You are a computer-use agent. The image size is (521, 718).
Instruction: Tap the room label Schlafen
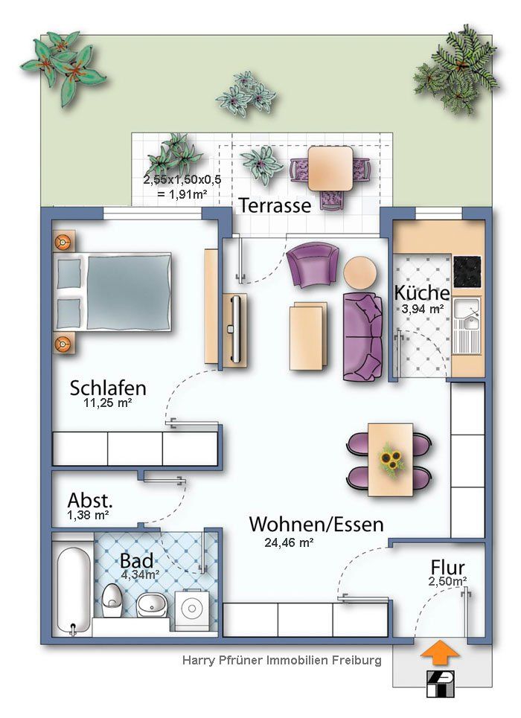[108, 388]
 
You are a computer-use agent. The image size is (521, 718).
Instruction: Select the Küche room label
[421, 292]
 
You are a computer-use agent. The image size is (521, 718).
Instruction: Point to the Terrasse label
[274, 206]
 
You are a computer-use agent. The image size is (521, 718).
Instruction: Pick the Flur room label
[448, 567]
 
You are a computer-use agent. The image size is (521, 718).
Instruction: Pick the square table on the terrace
[330, 168]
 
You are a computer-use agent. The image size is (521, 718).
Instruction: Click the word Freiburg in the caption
[355, 660]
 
